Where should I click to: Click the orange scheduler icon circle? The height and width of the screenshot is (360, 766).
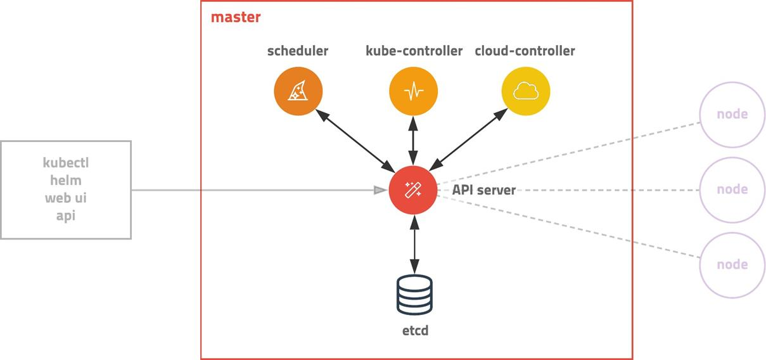click(x=298, y=92)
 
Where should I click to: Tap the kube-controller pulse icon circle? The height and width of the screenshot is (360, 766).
click(x=413, y=92)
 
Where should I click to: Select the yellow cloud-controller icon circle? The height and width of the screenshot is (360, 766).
click(x=526, y=92)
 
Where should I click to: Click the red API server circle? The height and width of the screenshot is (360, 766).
click(x=413, y=190)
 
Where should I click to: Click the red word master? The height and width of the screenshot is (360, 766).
click(x=236, y=17)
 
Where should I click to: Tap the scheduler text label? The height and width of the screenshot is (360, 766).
click(x=298, y=51)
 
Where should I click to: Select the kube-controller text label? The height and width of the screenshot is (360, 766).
click(x=414, y=51)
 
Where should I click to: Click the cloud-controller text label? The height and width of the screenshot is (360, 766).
click(x=525, y=51)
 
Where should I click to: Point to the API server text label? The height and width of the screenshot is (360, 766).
click(x=483, y=190)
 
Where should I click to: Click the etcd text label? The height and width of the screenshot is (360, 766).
click(x=414, y=330)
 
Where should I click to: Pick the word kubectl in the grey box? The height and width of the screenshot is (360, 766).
click(x=66, y=163)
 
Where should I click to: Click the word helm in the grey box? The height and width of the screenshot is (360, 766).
click(x=66, y=181)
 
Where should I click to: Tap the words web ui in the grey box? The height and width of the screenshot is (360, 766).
click(x=66, y=198)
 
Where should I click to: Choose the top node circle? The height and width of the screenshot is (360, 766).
click(x=732, y=115)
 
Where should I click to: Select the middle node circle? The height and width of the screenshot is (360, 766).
click(x=732, y=190)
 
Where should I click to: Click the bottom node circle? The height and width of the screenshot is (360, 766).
click(x=732, y=264)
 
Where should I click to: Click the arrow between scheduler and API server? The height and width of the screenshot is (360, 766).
click(x=355, y=141)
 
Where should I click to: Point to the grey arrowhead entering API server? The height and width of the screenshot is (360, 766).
click(x=380, y=190)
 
